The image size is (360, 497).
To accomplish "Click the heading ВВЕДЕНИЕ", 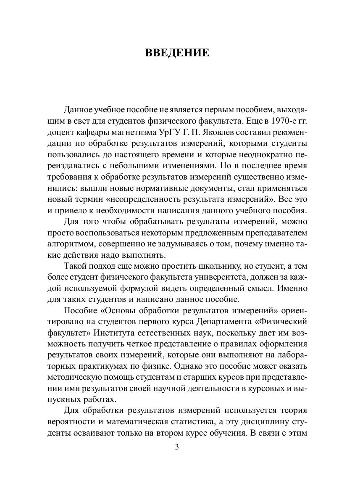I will coord(177,53).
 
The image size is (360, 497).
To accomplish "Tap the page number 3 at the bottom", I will coord(177,447).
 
